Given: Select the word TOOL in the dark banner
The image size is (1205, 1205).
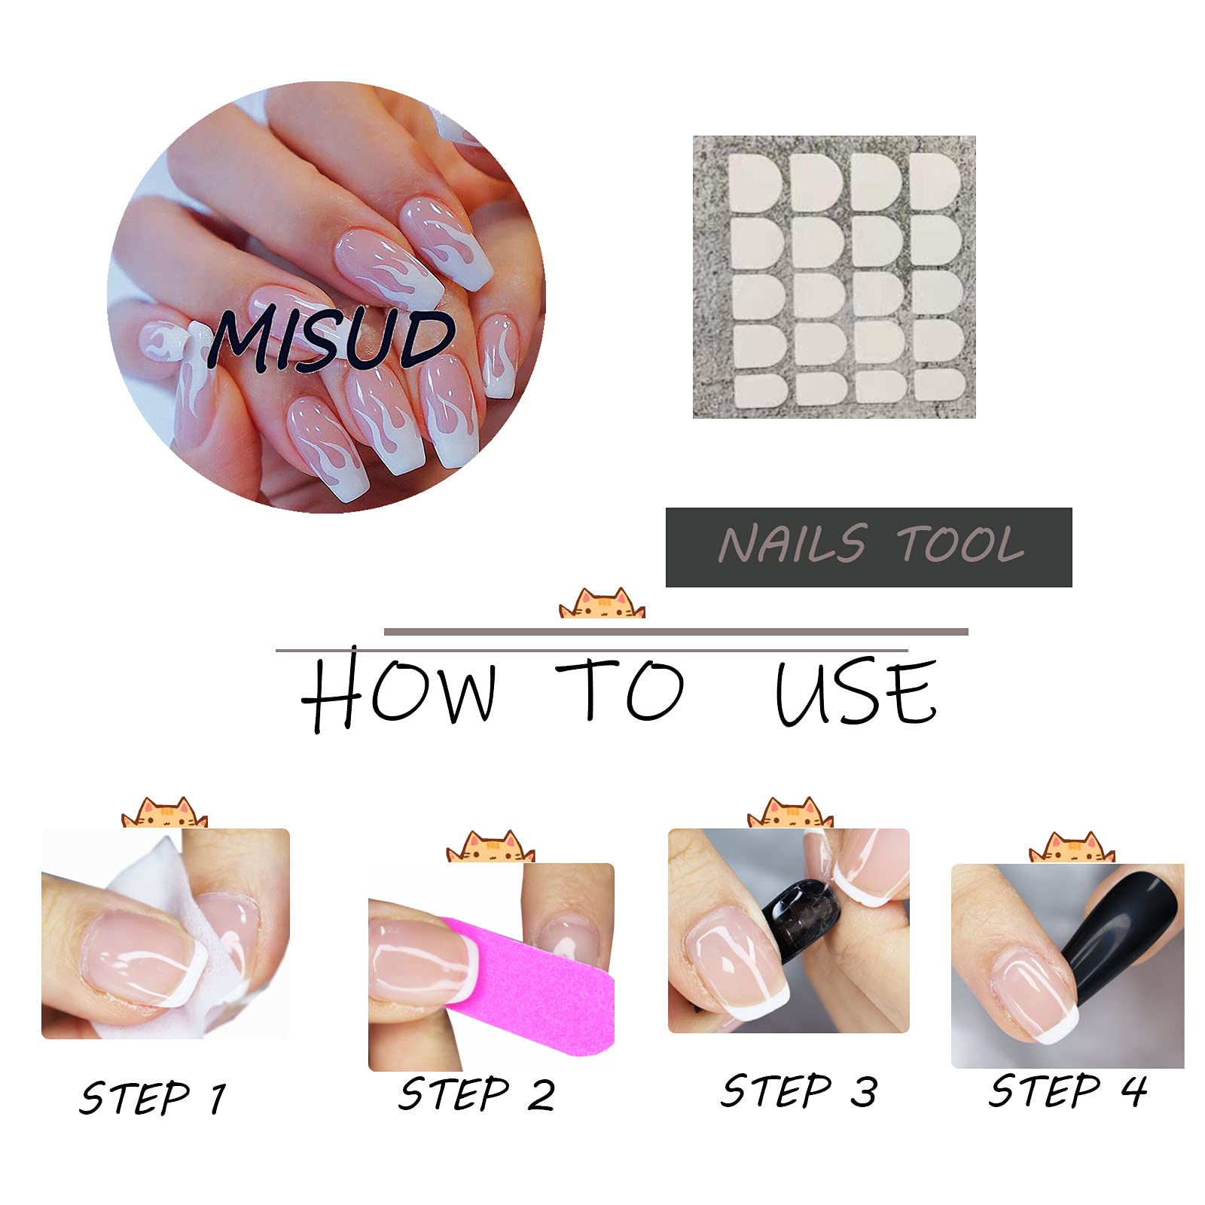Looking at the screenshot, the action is tap(961, 544).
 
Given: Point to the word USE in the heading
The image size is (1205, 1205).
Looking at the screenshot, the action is tap(856, 692).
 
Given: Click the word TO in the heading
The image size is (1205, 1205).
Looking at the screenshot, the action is tap(620, 689).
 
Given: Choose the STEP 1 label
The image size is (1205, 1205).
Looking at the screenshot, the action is tap(153, 1097).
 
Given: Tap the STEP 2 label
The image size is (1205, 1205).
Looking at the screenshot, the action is tap(477, 1094).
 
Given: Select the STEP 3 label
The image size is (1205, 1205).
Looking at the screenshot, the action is tap(799, 1091).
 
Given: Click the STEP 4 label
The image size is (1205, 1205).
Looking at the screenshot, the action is tap(1068, 1091).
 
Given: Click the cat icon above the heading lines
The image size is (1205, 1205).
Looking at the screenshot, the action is tap(602, 603).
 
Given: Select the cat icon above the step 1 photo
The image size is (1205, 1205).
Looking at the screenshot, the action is tap(164, 813).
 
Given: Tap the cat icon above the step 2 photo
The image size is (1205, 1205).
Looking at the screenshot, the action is tap(490, 847).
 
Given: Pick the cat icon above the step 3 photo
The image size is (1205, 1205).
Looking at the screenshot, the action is tap(790, 813).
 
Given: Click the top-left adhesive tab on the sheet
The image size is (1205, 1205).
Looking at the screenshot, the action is tap(755, 182).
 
